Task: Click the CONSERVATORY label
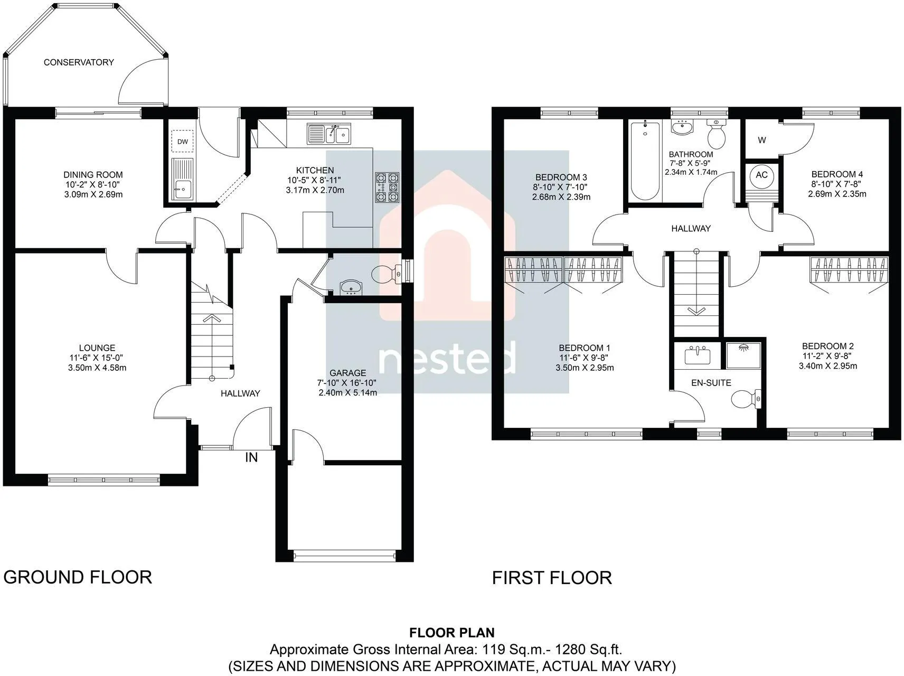[79, 62]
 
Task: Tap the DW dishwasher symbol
[182, 141]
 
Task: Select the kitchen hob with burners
[387, 187]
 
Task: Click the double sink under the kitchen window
[328, 134]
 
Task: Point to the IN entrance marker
[251, 457]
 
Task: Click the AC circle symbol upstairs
[761, 175]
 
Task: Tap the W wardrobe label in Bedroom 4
[762, 140]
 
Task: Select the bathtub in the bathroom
[645, 161]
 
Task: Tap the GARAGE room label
[347, 373]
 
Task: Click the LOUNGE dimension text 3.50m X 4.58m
[97, 368]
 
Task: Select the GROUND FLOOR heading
[78, 577]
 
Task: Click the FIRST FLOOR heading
[552, 578]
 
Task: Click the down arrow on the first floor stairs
[696, 310]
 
